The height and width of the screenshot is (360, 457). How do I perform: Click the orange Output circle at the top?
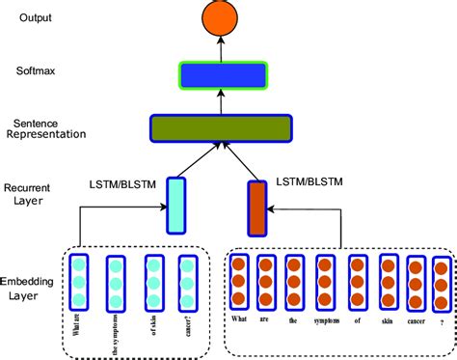point(221,17)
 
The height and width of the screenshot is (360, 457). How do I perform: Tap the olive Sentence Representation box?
point(221,127)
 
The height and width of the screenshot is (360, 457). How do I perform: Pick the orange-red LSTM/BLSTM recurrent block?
point(256,208)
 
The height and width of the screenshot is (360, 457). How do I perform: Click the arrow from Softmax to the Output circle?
point(221,48)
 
